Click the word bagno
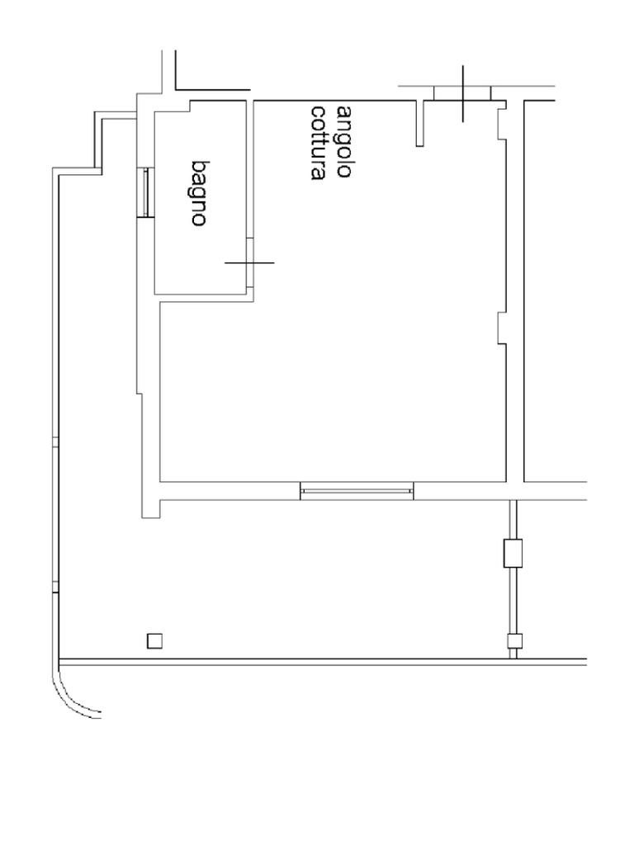click(x=199, y=193)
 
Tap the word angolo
click(x=346, y=141)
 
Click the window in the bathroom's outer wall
click(x=145, y=192)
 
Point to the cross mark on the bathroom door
click(x=249, y=263)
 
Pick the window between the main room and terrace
click(x=357, y=492)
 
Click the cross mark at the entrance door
click(x=462, y=92)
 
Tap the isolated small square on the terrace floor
click(x=154, y=640)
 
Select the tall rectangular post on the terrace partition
click(x=513, y=553)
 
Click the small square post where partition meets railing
click(x=513, y=640)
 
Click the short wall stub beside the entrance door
click(x=419, y=124)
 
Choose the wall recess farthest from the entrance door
click(x=501, y=328)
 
